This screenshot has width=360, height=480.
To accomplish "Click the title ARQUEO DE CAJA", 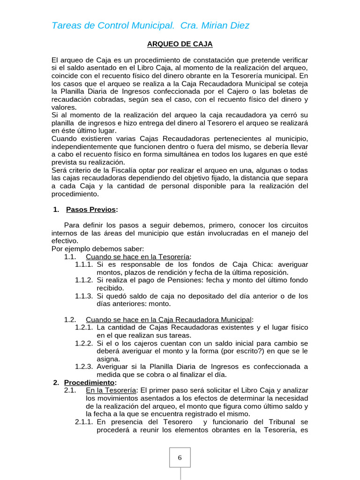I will pos(180,44).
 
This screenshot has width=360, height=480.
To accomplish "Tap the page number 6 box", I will pos(180,457).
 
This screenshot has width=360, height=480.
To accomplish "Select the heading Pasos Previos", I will pos(91,210).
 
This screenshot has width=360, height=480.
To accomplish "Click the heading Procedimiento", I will pos(90,382).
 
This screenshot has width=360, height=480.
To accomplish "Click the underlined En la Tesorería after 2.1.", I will pos(110,390).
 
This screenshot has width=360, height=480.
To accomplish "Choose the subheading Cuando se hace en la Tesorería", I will pos(137,256).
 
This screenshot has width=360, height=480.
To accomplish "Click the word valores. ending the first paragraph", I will pos(64,107).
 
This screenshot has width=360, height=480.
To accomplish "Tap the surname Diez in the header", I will pos(239,25).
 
